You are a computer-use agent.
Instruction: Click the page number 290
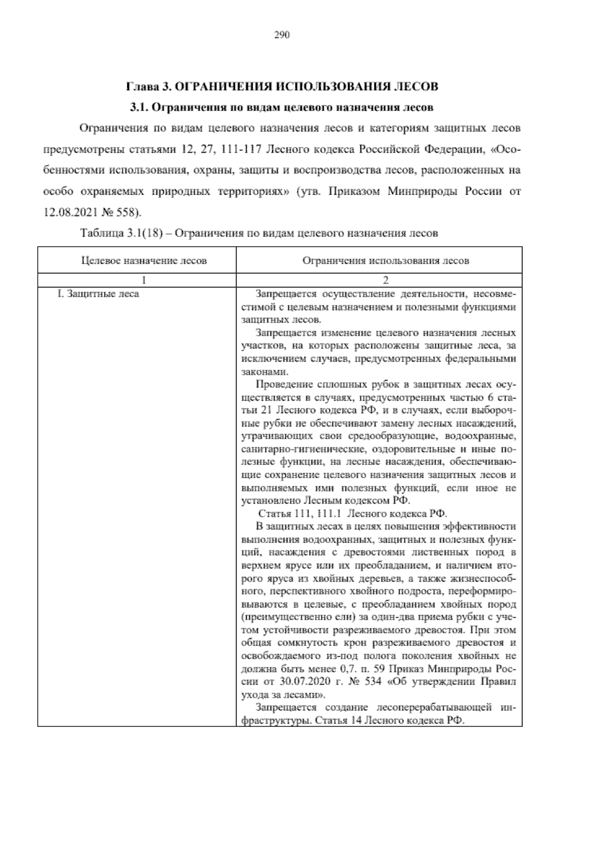point(281,35)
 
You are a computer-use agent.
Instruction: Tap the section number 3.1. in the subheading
point(139,107)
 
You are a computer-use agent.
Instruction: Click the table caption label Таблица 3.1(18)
point(121,234)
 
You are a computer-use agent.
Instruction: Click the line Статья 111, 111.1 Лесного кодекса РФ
point(353,514)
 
